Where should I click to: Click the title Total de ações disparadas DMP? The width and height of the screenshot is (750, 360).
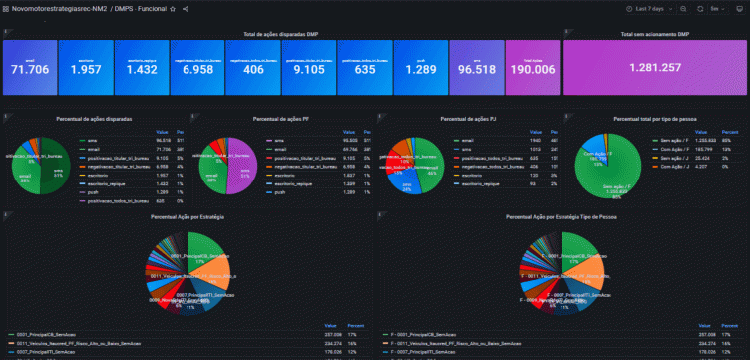pyautogui.click(x=281, y=34)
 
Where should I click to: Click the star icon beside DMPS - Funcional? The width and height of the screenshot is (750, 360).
pyautogui.click(x=173, y=8)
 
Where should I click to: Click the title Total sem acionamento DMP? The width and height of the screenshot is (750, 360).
pyautogui.click(x=654, y=34)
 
